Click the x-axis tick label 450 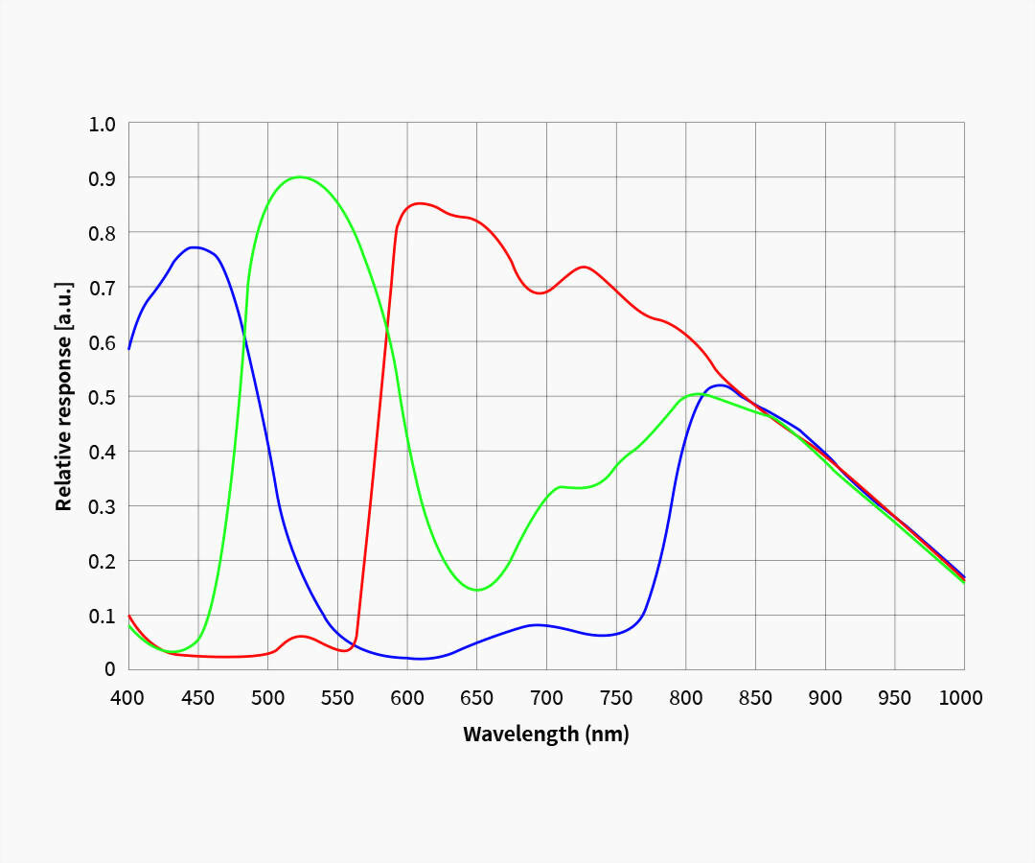pos(198,698)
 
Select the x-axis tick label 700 pos(546,698)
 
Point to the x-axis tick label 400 pos(128,698)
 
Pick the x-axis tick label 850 pos(755,698)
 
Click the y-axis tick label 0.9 pos(102,178)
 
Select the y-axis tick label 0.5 pos(102,397)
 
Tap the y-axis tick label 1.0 pos(102,124)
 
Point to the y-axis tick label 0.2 pos(102,561)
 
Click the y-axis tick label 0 pos(110,669)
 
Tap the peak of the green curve pos(300,176)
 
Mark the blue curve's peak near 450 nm pos(195,247)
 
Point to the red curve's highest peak pos(419,203)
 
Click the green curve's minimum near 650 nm pos(477,590)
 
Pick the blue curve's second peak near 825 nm pos(721,385)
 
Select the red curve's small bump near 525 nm pos(302,636)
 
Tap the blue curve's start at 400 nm pos(129,349)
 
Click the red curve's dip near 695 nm pos(540,293)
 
